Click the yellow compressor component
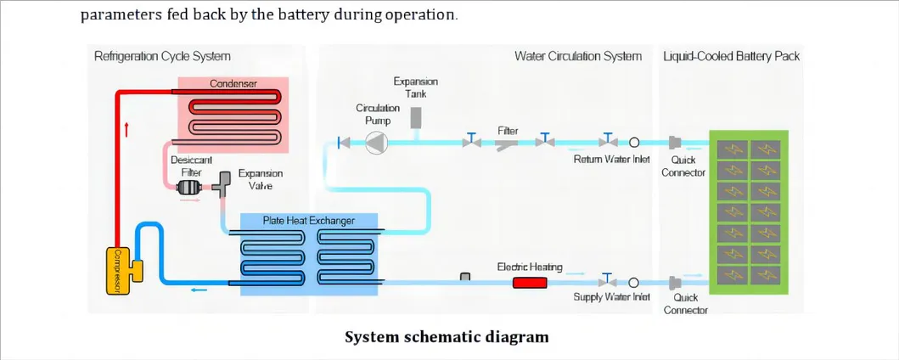[x=122, y=269]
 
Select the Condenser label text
[x=233, y=83]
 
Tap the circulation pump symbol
[x=375, y=143]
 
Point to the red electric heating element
[x=529, y=281]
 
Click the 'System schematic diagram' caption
[x=447, y=337]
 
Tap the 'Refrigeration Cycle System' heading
[x=162, y=57]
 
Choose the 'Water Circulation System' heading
[x=577, y=57]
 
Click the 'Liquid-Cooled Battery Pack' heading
[x=731, y=57]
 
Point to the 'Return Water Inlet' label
[x=611, y=159]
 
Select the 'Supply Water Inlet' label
[x=611, y=297]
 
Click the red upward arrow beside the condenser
[x=126, y=129]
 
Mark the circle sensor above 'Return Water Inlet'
[x=633, y=143]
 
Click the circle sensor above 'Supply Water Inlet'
[x=633, y=281]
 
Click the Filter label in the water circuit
[x=508, y=131]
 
